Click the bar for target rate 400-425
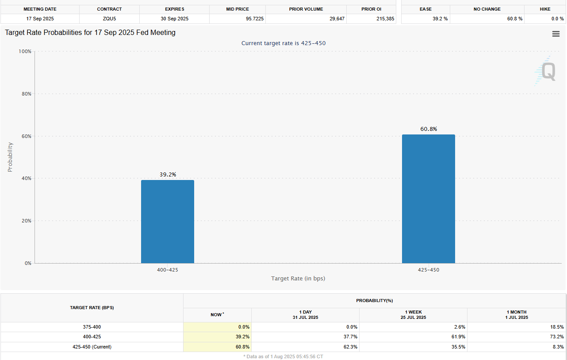point(167,221)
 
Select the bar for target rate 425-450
point(428,199)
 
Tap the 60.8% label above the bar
point(428,129)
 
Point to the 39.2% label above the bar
point(168,175)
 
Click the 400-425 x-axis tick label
point(167,270)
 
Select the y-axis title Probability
point(10,157)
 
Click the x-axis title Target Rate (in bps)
point(298,279)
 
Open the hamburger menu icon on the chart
point(556,34)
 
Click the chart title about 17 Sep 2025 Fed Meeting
point(90,33)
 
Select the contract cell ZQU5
point(109,19)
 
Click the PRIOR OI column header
point(371,9)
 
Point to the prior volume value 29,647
point(335,19)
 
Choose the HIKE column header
point(545,9)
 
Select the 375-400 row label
point(92,327)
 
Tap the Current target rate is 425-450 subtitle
point(283,43)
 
